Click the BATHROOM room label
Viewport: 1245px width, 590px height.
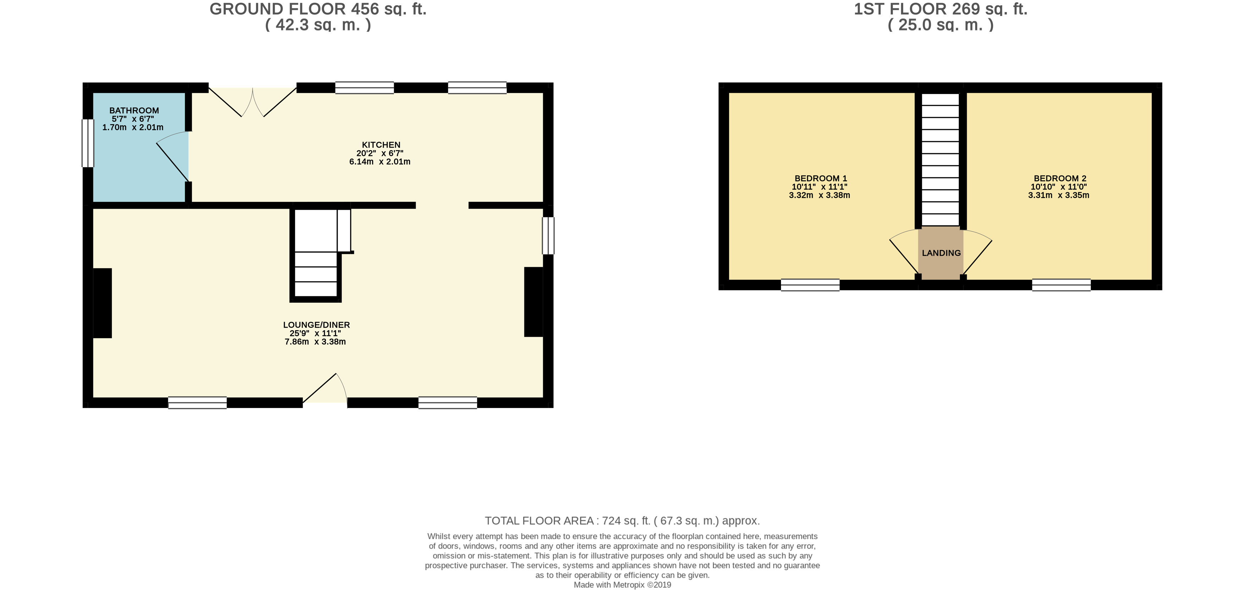pyautogui.click(x=134, y=111)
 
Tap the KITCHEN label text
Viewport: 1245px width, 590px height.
pyautogui.click(x=381, y=145)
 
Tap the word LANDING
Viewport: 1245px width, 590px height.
pyautogui.click(x=941, y=253)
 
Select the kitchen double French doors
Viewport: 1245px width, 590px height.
pyautogui.click(x=252, y=103)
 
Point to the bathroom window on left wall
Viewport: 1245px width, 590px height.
pyautogui.click(x=87, y=143)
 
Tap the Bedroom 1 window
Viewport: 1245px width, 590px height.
pyautogui.click(x=810, y=285)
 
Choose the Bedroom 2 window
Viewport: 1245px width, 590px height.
pyautogui.click(x=1061, y=285)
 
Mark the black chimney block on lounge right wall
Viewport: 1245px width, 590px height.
pyautogui.click(x=534, y=302)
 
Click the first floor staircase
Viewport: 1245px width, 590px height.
pyautogui.click(x=940, y=159)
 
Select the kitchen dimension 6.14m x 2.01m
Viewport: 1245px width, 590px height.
pyautogui.click(x=380, y=162)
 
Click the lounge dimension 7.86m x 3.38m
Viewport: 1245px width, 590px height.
pyautogui.click(x=315, y=342)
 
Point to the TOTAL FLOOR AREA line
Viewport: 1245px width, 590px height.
pyautogui.click(x=622, y=520)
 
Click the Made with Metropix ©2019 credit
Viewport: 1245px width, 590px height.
pyautogui.click(x=622, y=585)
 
